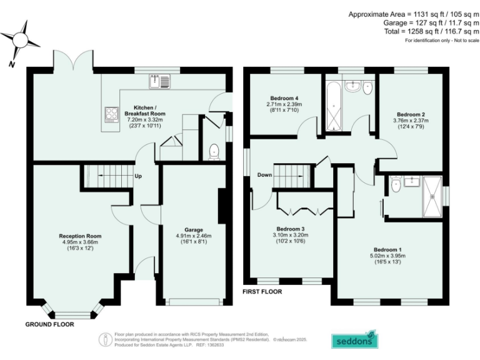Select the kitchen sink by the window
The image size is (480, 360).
pyautogui.click(x=159, y=80)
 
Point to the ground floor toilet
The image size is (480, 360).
pyautogui.click(x=214, y=150)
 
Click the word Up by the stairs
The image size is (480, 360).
pyautogui.click(x=137, y=176)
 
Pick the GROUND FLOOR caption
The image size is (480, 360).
pyautogui.click(x=49, y=324)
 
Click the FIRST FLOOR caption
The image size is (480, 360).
pyautogui.click(x=262, y=291)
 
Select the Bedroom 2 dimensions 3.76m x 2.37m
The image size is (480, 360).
pyautogui.click(x=410, y=121)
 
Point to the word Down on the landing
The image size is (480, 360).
pyautogui.click(x=264, y=175)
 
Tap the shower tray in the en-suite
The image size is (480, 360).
pyautogui.click(x=432, y=194)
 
